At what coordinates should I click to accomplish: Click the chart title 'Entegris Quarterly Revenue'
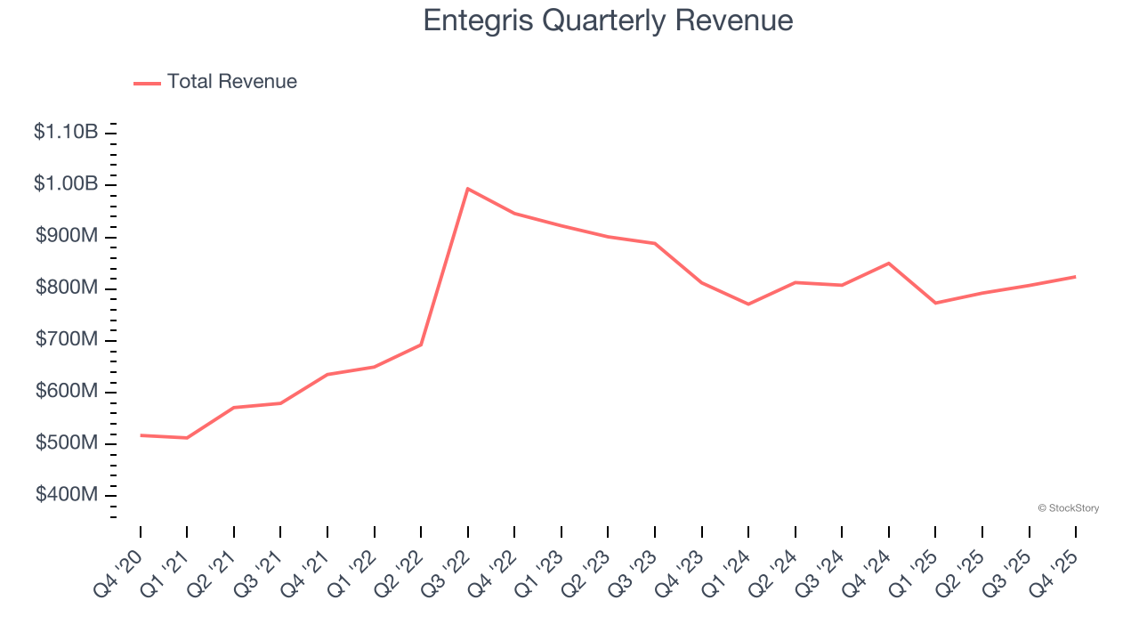click(608, 20)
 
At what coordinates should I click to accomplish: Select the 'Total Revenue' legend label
click(231, 82)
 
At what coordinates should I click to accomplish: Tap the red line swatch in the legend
click(147, 83)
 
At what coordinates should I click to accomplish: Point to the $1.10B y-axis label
click(66, 132)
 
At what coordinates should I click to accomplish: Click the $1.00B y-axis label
click(66, 183)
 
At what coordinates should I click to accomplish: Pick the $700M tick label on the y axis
click(67, 339)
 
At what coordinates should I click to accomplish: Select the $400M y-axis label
click(67, 494)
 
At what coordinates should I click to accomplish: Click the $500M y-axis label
click(67, 442)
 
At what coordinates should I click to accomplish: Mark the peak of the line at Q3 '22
click(467, 189)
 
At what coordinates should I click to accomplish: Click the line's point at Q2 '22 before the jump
click(421, 345)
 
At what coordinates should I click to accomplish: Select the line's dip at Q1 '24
click(748, 304)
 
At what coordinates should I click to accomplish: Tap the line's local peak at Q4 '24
click(889, 263)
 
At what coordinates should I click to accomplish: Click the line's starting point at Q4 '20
click(141, 435)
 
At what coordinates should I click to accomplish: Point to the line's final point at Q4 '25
click(1076, 277)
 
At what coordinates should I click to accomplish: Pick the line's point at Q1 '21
click(187, 438)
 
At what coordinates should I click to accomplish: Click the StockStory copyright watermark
click(1068, 508)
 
